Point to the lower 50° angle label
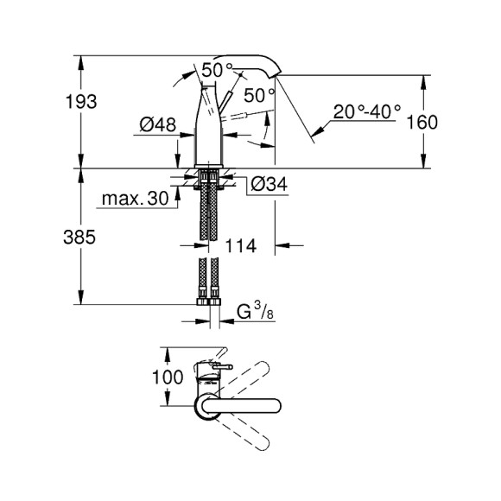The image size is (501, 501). coord(259,93)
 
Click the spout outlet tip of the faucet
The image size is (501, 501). coord(276,76)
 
